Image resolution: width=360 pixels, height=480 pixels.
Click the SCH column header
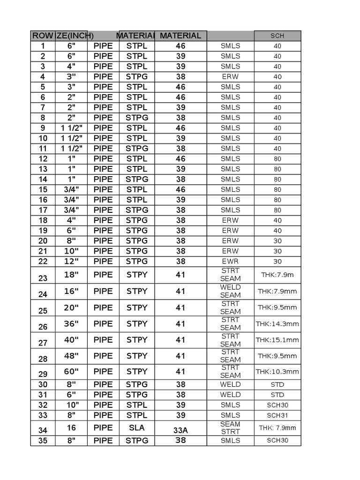tap(277, 36)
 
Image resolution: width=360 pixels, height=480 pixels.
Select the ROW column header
tap(43, 36)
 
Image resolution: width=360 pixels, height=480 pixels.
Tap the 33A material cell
tap(180, 430)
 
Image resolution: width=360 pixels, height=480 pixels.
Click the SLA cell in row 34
tap(136, 427)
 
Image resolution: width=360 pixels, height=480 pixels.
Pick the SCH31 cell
tap(277, 415)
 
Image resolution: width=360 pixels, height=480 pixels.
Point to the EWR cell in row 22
tap(230, 262)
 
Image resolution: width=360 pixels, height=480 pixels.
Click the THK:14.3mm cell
tap(277, 324)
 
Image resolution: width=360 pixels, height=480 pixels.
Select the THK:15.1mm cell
tap(277, 340)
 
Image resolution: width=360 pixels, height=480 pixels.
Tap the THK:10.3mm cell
tap(277, 372)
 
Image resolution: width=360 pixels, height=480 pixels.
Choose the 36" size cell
tap(71, 324)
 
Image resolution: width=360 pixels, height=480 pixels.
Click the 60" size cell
tap(71, 372)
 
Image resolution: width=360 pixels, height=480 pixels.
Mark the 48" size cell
tap(71, 356)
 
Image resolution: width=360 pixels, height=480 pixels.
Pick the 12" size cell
tap(71, 261)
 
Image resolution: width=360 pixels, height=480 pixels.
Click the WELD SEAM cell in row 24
tap(230, 291)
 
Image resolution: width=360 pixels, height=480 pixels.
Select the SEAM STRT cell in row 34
tap(230, 427)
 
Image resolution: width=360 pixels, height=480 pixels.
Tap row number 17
tap(43, 210)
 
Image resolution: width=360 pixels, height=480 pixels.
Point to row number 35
tap(43, 441)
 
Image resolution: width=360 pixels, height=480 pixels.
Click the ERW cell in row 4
tap(230, 77)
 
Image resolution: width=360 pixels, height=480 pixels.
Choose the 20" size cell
tap(71, 307)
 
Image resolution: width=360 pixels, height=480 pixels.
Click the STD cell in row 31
tap(277, 395)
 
